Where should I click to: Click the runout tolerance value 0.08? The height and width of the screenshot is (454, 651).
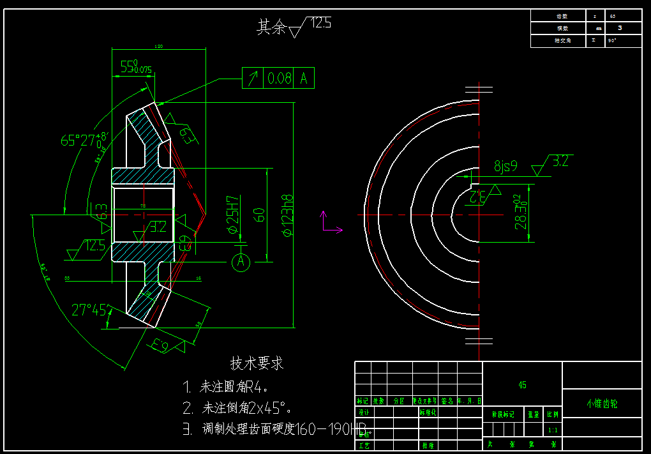(x=280, y=79)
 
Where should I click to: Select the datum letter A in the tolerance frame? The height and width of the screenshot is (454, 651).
(x=304, y=79)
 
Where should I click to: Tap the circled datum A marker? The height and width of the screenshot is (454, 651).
(x=241, y=262)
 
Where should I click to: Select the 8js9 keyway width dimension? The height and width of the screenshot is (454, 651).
(x=505, y=167)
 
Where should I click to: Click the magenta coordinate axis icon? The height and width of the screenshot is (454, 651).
(x=329, y=223)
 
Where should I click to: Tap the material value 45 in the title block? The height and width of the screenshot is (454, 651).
(x=522, y=385)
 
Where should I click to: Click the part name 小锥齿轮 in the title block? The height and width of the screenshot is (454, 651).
(x=602, y=404)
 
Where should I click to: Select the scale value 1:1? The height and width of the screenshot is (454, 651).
(x=553, y=430)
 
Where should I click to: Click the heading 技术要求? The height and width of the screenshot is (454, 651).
(x=257, y=363)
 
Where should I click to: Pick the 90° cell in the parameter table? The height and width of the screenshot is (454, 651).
(x=613, y=41)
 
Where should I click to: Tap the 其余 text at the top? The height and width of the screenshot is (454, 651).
(x=271, y=27)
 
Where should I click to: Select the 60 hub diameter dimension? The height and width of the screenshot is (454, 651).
(x=259, y=214)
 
